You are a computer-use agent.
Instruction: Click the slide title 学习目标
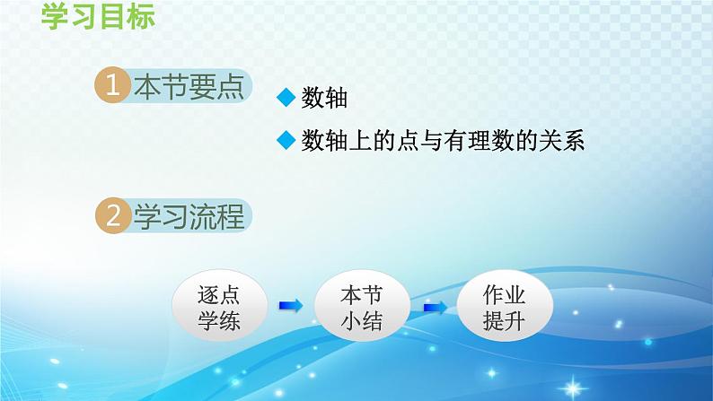tap(98, 17)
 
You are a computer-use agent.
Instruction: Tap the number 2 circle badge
tap(112, 216)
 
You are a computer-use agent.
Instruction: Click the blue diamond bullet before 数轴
tap(286, 100)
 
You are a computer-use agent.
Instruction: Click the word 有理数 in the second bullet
tap(465, 141)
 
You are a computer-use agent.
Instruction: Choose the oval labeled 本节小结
tap(363, 308)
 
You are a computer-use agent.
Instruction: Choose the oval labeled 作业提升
tap(504, 308)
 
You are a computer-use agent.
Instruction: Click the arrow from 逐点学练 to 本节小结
tap(291, 307)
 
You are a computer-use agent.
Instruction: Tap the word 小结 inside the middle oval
tap(363, 322)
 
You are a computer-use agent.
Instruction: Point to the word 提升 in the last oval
tap(504, 322)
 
